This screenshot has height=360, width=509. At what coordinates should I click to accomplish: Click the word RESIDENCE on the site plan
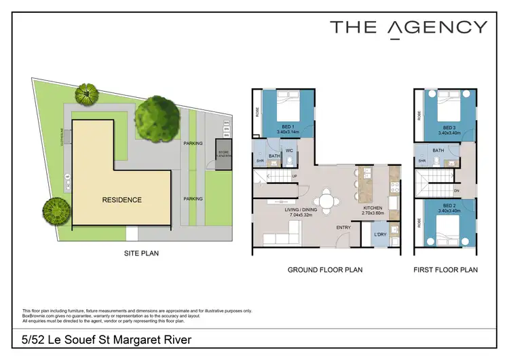click(x=122, y=200)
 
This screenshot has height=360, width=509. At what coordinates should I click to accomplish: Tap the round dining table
click(x=328, y=202)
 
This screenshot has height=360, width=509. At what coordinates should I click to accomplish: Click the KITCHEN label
click(x=374, y=208)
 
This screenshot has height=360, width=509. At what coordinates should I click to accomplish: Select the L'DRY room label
click(x=379, y=234)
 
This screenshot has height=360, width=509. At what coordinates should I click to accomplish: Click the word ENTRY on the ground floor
click(x=343, y=227)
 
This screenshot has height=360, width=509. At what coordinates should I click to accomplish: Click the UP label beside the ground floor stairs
click(x=293, y=177)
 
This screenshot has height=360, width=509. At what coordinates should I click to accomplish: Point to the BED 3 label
click(x=449, y=127)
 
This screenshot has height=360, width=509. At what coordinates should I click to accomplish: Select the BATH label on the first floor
click(x=438, y=151)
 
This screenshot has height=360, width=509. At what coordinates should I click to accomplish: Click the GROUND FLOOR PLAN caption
click(x=325, y=270)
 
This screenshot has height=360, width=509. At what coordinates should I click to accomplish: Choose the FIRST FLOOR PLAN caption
click(x=445, y=270)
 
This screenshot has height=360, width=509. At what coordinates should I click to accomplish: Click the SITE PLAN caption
click(x=140, y=254)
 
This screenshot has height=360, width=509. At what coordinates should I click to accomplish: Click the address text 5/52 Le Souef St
click(x=69, y=339)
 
